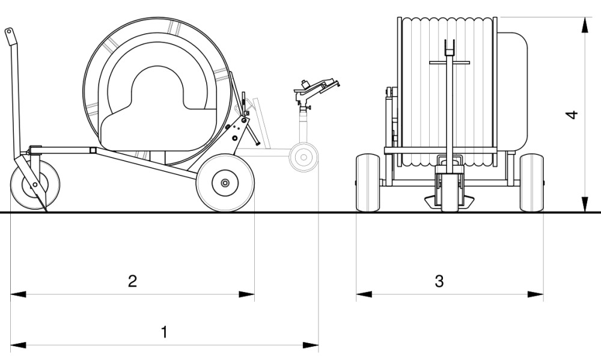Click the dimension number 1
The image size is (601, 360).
[163, 332]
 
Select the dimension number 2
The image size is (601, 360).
[133, 281]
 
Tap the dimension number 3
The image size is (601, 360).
[439, 281]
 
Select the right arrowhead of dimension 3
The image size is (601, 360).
[536, 294]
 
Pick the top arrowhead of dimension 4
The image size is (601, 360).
[584, 24]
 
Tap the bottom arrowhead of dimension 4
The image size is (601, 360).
[584, 205]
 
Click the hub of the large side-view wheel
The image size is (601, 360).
[225, 183]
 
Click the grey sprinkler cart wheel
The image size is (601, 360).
[304, 157]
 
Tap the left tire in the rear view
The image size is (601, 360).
[367, 183]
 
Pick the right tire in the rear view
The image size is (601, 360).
[531, 183]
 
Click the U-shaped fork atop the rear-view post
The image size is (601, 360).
[449, 47]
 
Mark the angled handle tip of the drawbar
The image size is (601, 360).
[9, 34]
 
